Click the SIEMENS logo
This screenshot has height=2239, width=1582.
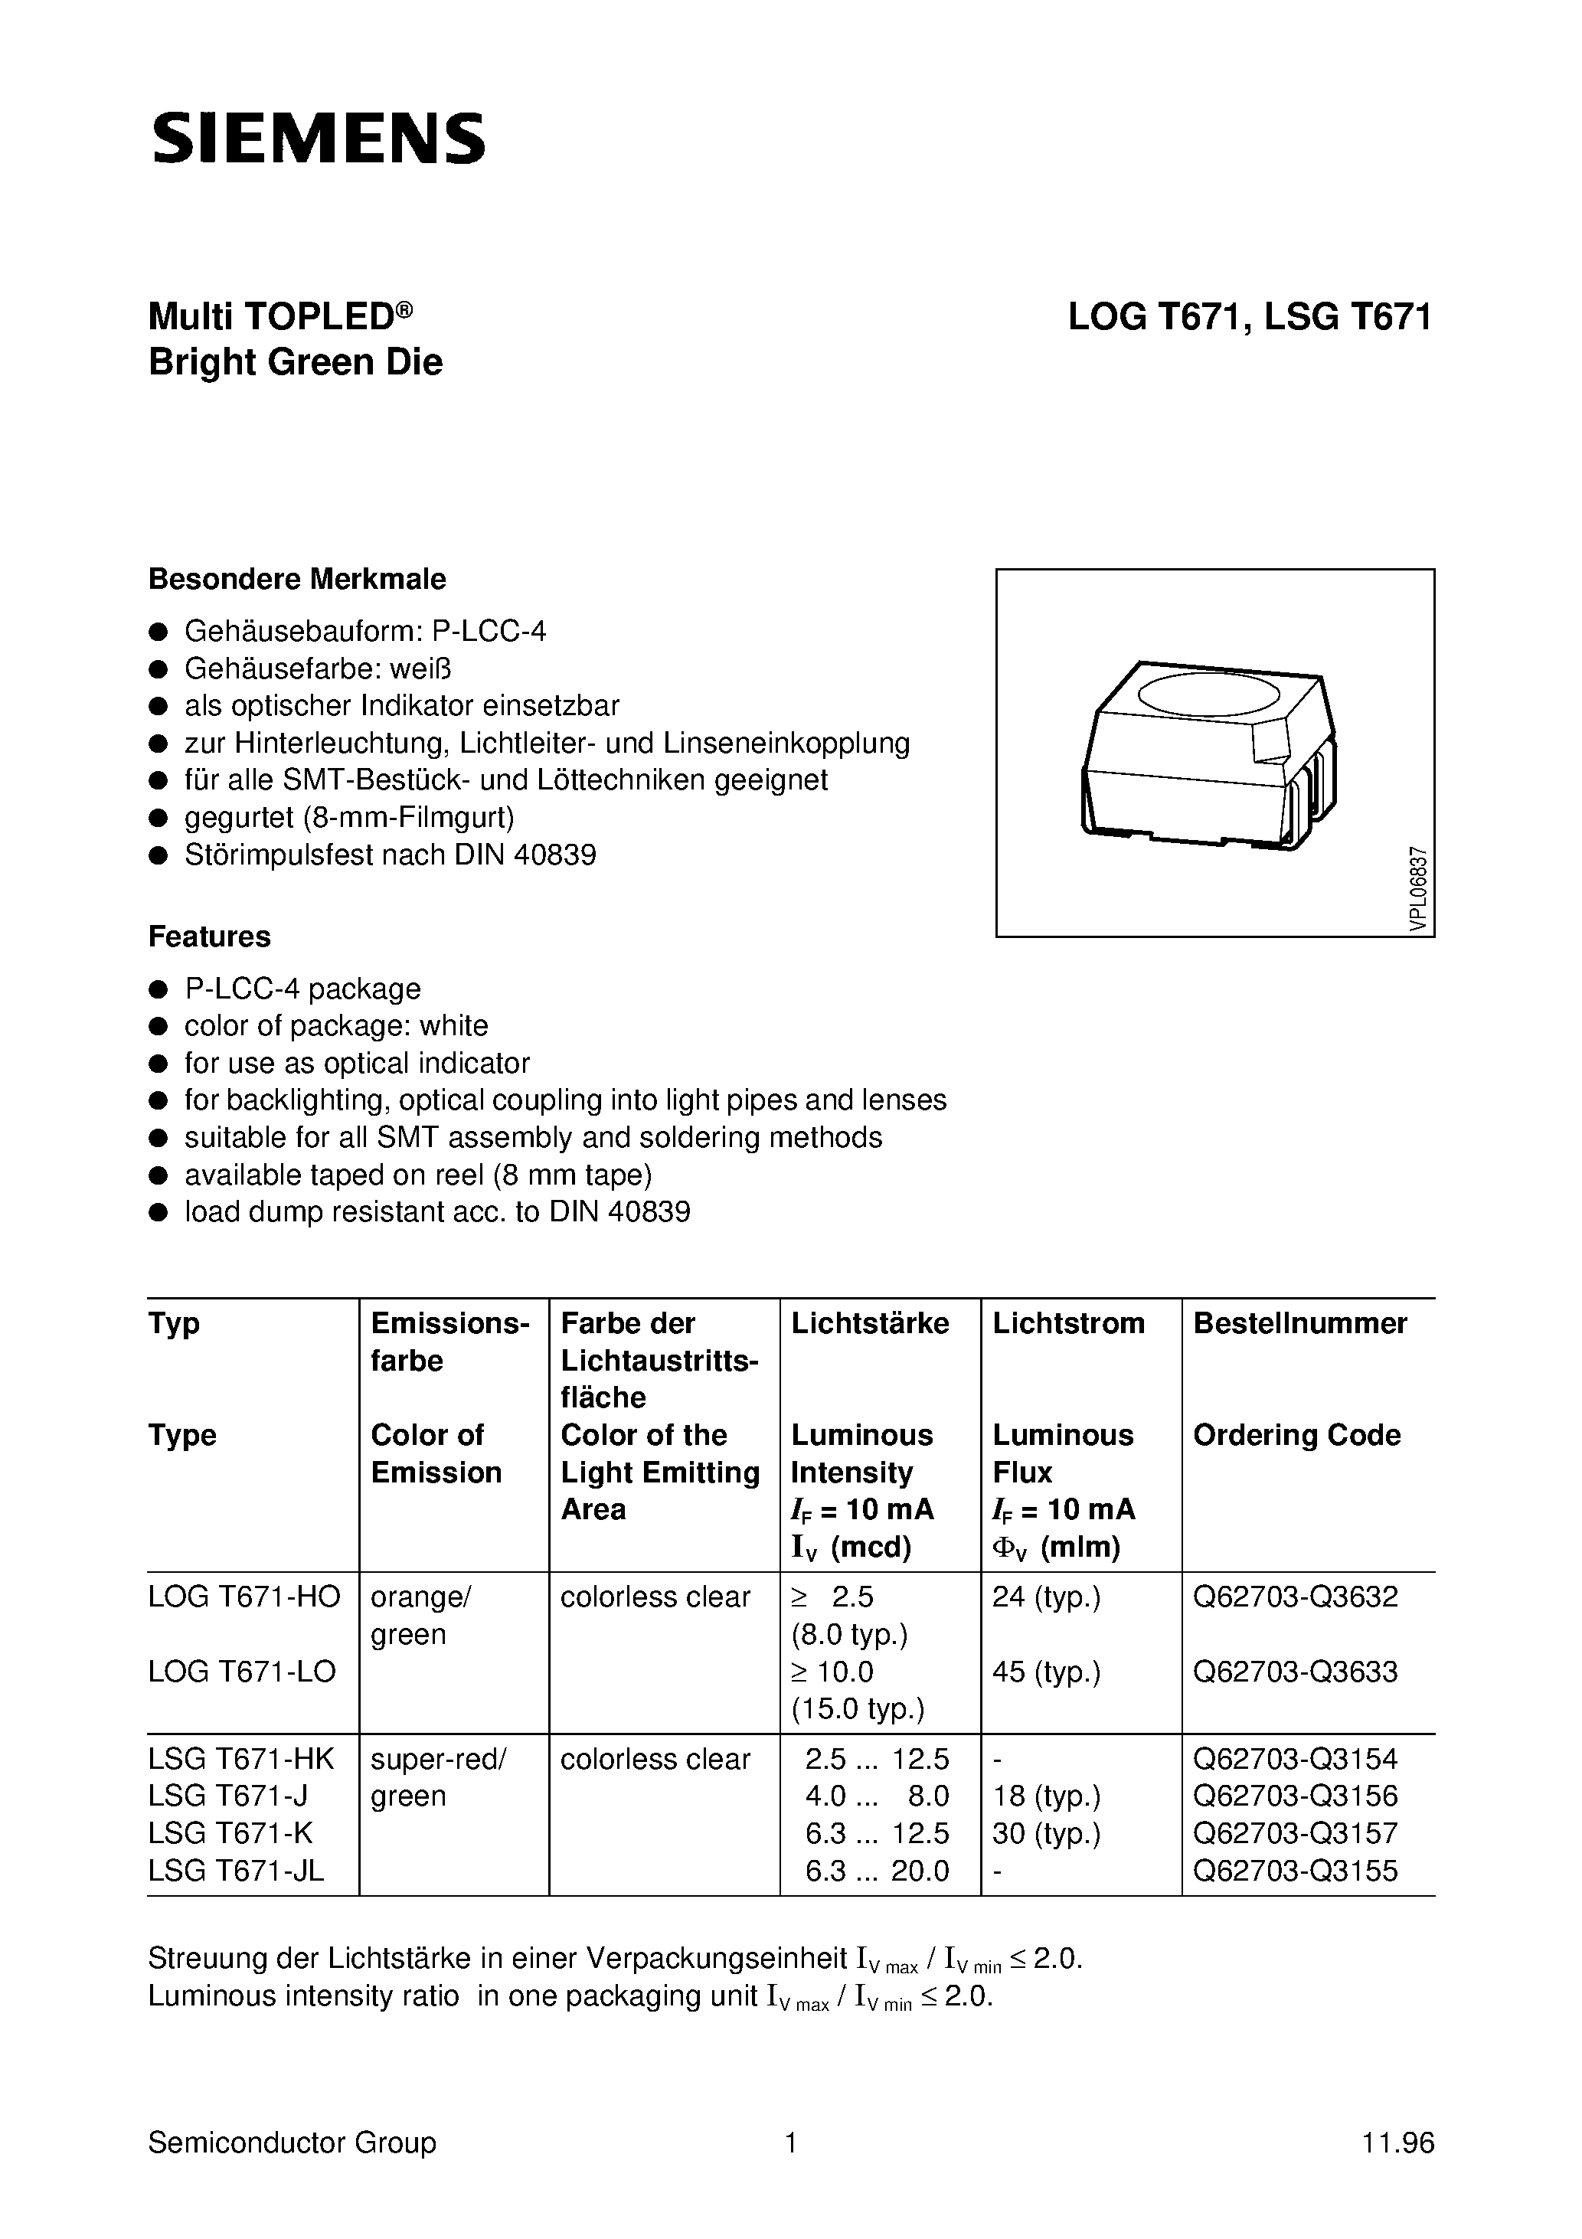[318, 138]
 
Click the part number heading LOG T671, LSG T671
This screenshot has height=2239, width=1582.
[1250, 317]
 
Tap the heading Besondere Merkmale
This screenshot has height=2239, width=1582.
[296, 579]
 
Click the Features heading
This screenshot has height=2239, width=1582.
[209, 936]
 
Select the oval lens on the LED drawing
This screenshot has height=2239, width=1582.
[1208, 695]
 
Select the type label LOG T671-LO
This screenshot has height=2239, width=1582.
[242, 1672]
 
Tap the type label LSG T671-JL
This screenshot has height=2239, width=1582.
[236, 1871]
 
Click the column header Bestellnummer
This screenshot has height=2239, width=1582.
[1299, 1323]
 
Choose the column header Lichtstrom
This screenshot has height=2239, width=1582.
[1068, 1323]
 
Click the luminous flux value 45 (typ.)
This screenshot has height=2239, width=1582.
[1045, 1672]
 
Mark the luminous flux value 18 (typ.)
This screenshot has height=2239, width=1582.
[1045, 1796]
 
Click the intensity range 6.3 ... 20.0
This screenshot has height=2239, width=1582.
[877, 1871]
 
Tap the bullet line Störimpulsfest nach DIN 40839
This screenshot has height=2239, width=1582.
[389, 855]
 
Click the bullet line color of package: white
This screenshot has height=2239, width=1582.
[335, 1026]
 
